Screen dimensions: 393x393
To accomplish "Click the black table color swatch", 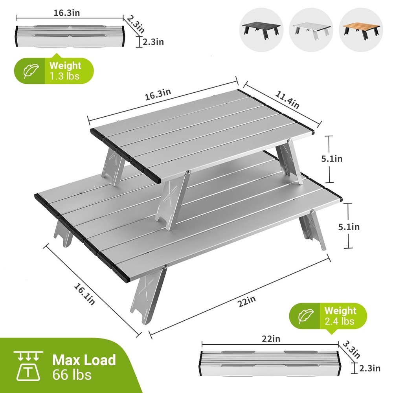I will tap(261, 29).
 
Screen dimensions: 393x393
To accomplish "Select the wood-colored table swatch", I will tap(361, 29).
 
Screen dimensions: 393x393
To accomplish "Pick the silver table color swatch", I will tap(311, 29).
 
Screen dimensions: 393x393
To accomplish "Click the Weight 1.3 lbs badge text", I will tap(65, 71).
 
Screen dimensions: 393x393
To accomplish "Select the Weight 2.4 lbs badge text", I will tap(340, 316).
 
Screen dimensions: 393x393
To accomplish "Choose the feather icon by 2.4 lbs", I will tap(306, 316).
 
